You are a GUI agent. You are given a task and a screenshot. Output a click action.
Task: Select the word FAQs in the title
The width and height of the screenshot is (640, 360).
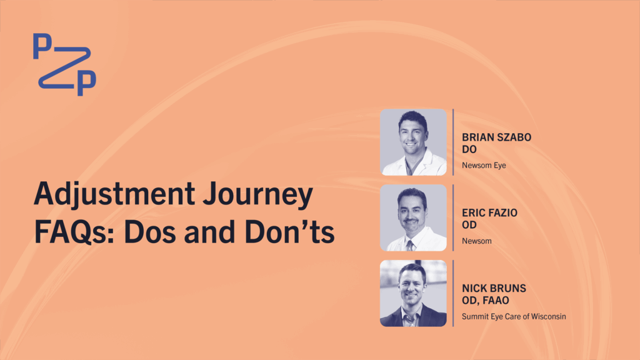pyautogui.click(x=74, y=232)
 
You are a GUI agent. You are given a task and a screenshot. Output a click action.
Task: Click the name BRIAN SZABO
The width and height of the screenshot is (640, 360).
pyautogui.click(x=496, y=137)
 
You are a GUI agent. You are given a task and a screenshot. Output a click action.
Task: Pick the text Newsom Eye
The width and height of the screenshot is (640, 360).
pyautogui.click(x=484, y=165)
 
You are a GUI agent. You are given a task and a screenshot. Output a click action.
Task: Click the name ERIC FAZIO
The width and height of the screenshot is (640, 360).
pyautogui.click(x=489, y=212)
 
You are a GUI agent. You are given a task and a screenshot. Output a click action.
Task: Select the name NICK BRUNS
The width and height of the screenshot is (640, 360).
pyautogui.click(x=494, y=288)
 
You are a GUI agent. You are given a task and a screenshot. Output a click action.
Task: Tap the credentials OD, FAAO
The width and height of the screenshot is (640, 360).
pyautogui.click(x=485, y=301)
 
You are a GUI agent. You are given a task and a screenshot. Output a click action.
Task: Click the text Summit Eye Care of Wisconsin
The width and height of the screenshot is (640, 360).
pyautogui.click(x=514, y=316)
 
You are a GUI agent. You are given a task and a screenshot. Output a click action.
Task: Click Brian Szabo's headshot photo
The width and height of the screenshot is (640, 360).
pyautogui.click(x=413, y=142)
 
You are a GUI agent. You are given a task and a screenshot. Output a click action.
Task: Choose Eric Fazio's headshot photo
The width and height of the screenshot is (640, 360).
pyautogui.click(x=413, y=217)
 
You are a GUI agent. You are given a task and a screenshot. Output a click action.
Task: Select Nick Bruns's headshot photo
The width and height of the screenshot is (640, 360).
pyautogui.click(x=413, y=293)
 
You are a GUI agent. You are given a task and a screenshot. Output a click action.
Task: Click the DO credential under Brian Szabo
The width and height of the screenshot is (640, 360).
pyautogui.click(x=469, y=149)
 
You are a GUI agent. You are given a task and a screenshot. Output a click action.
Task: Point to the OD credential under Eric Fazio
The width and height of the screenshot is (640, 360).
pyautogui.click(x=469, y=225)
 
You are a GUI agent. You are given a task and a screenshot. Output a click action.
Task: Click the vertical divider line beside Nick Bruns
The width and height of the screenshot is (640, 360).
pyautogui.click(x=453, y=293)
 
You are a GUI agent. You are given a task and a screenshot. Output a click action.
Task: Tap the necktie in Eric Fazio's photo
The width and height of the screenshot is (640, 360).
pyautogui.click(x=410, y=246)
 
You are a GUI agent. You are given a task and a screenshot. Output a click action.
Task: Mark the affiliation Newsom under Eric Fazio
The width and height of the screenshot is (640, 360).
pyautogui.click(x=477, y=241)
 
